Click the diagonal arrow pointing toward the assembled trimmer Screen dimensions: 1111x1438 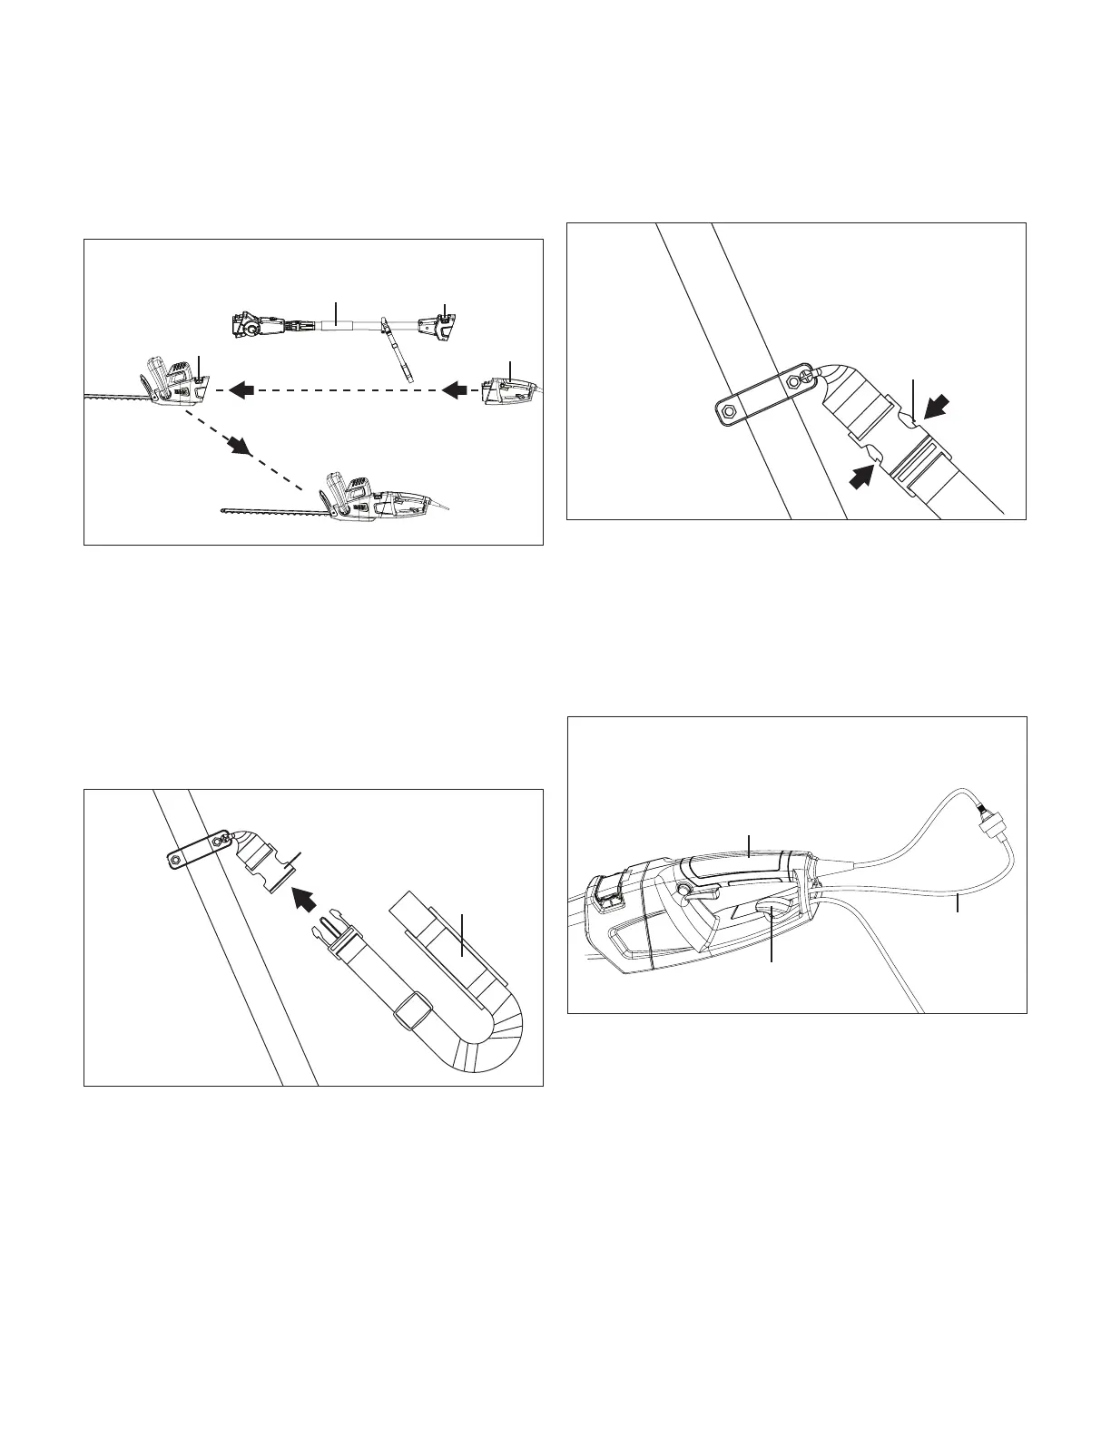pyautogui.click(x=238, y=444)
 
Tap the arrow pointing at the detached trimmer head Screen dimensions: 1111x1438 pyautogui.click(x=241, y=390)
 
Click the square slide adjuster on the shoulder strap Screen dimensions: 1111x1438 pyautogui.click(x=413, y=1010)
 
